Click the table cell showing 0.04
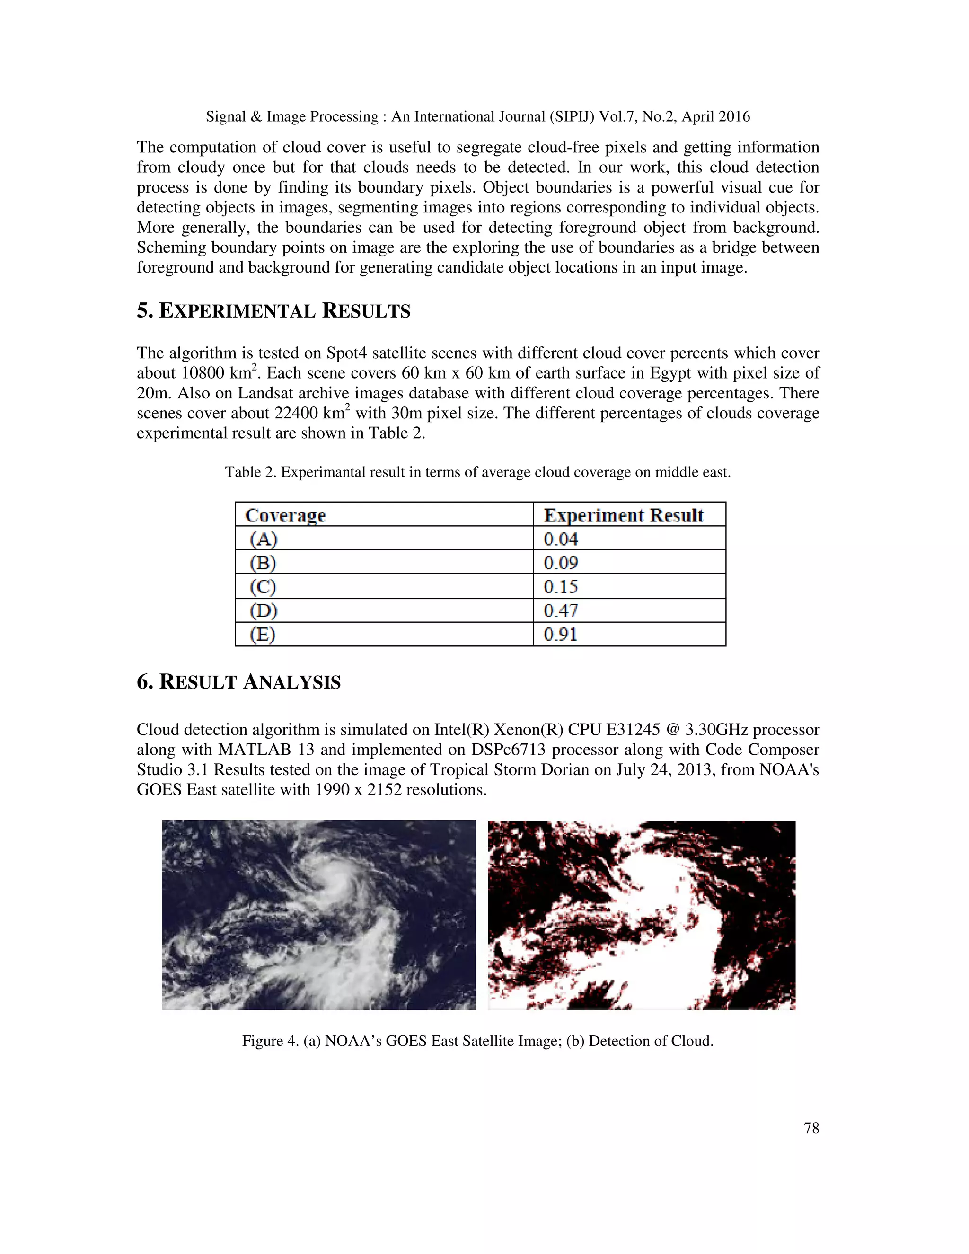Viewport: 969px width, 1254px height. tap(561, 539)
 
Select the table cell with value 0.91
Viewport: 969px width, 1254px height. tap(560, 635)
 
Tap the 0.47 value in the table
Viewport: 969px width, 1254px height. tap(561, 610)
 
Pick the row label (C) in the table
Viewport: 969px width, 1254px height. tap(263, 587)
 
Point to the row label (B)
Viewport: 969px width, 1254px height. tap(263, 563)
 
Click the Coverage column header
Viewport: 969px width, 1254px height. tap(285, 515)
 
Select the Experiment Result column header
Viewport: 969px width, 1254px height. tap(624, 515)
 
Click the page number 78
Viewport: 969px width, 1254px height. tap(811, 1128)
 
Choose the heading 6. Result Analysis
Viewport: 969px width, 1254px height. tap(238, 681)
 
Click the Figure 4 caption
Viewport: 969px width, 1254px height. tap(477, 1041)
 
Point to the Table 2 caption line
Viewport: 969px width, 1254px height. tap(477, 473)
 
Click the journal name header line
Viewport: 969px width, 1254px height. tap(477, 116)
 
